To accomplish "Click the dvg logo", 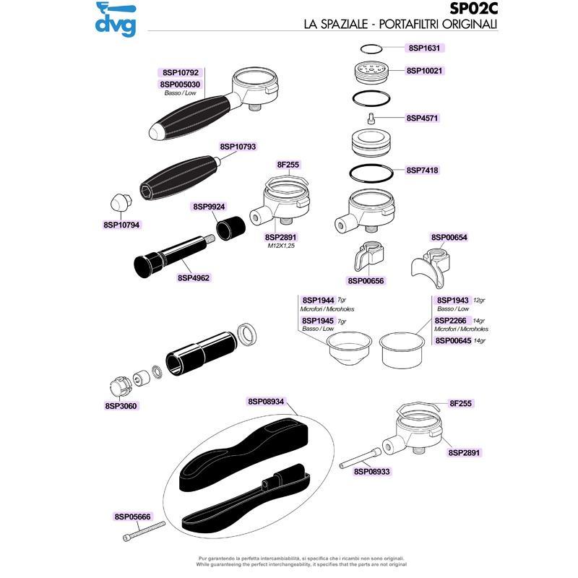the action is point(116,20).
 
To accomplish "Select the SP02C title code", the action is point(474,9).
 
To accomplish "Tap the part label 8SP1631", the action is point(424,48).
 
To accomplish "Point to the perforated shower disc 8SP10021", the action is point(371,72).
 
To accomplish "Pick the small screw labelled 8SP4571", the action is point(371,118).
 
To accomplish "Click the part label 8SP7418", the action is point(422,171).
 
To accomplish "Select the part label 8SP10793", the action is point(238,147).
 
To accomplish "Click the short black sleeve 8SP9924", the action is point(230,228).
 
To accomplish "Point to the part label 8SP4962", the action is point(194,278).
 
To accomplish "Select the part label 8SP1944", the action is point(318,301).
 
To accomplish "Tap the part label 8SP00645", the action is point(453,340).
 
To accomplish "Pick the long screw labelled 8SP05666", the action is point(144,531).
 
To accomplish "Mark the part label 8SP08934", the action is point(266,402).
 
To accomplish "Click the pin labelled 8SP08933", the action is point(360,458).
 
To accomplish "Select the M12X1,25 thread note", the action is point(281,246).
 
